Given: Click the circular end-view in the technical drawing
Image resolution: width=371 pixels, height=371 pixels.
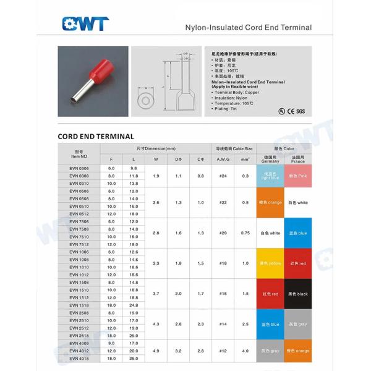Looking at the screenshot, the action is pyautogui.click(x=146, y=98).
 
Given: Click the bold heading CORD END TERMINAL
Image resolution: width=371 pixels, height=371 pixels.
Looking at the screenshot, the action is pyautogui.click(x=96, y=136).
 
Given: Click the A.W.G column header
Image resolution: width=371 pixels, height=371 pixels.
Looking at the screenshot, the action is pyautogui.click(x=223, y=160).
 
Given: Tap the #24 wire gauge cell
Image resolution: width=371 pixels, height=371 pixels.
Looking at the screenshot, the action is pyautogui.click(x=223, y=176).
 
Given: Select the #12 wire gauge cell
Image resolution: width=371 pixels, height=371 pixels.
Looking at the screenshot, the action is pyautogui.click(x=223, y=351).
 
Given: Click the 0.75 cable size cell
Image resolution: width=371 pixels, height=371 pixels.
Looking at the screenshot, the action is pyautogui.click(x=245, y=232).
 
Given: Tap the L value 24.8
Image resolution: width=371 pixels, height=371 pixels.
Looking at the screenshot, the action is pyautogui.click(x=134, y=305).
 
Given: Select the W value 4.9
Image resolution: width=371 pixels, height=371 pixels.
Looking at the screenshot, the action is pyautogui.click(x=156, y=351).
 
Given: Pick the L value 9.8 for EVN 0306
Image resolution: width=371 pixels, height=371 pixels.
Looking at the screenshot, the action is pyautogui.click(x=134, y=168).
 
